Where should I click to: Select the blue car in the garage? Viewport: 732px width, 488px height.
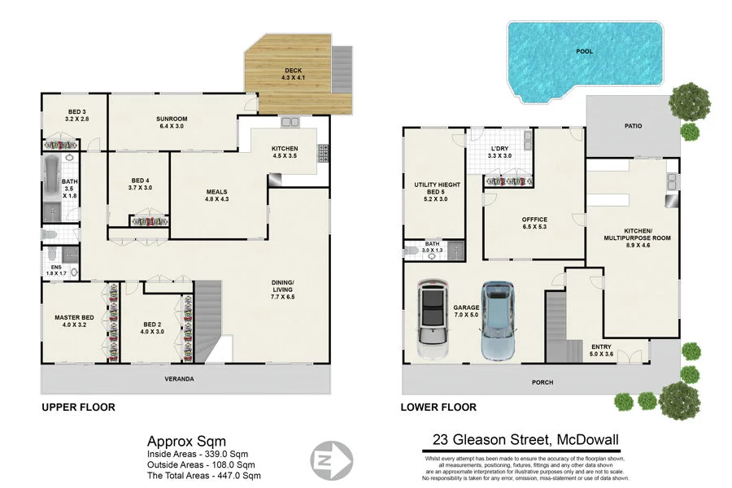(x=498, y=320)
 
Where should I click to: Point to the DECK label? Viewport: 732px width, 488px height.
(x=293, y=70)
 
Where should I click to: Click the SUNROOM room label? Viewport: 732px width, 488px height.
(x=172, y=119)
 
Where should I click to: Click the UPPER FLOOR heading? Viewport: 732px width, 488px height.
(x=78, y=407)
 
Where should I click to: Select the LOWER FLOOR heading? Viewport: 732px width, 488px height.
(x=438, y=407)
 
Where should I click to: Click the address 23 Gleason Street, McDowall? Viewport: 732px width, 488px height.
(x=525, y=441)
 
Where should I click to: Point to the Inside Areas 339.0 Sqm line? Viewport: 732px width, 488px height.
(x=197, y=454)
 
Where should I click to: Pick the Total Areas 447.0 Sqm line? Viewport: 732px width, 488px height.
(x=203, y=475)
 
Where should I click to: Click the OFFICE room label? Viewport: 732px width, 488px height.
(x=534, y=220)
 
